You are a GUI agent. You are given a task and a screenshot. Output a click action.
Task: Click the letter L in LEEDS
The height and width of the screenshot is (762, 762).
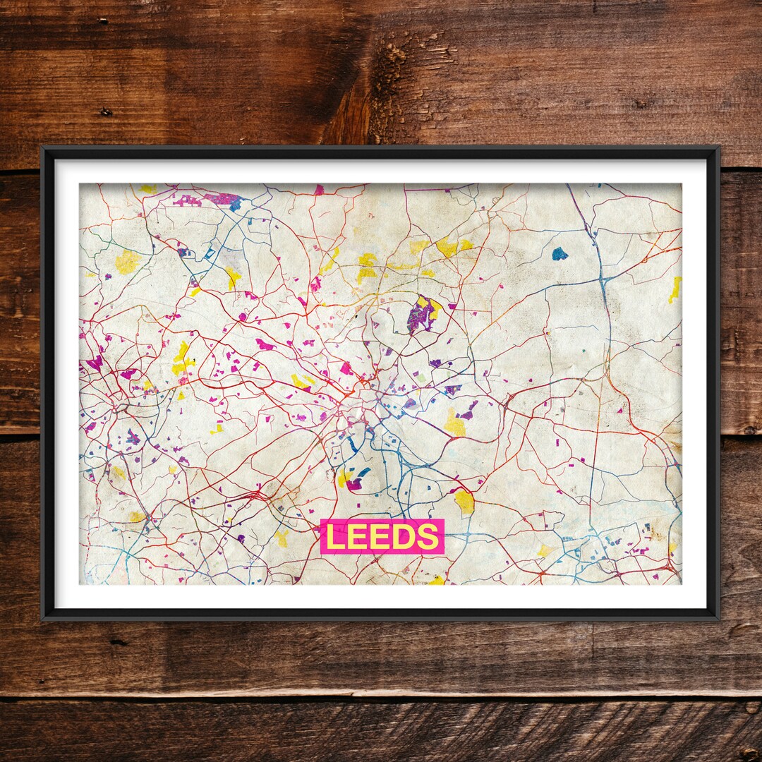(335, 538)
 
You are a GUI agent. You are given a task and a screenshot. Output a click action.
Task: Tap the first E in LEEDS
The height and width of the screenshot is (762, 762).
(358, 538)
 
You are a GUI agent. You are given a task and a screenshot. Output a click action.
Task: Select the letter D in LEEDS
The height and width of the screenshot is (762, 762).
(404, 538)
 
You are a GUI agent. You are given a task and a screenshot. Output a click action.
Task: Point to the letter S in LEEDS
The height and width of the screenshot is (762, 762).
(427, 538)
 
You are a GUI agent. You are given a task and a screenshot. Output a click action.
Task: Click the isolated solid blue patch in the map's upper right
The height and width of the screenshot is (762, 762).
(560, 253)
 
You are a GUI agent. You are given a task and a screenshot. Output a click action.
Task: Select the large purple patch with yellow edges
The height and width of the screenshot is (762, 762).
(421, 315)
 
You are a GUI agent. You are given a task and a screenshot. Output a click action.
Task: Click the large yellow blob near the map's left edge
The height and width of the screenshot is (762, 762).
(127, 262)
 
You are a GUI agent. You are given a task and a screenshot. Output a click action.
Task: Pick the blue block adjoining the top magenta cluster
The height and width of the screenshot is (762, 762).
(236, 204)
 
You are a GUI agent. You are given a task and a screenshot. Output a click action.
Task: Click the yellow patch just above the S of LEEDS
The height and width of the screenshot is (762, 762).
(464, 502)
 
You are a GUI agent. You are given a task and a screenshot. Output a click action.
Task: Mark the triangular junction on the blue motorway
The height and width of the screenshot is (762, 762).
(605, 283)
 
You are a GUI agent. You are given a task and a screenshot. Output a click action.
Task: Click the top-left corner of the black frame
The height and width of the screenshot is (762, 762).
(43, 148)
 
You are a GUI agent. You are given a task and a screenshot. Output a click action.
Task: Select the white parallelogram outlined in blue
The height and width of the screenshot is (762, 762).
(210, 252)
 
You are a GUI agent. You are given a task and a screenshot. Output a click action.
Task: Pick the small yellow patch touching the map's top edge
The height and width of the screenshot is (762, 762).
(148, 189)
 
